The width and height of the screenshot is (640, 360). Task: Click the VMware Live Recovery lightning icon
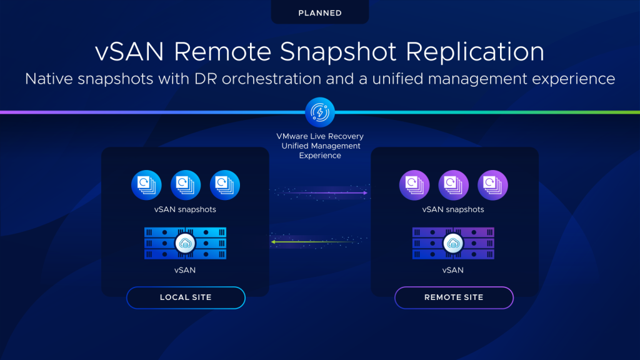point(319,112)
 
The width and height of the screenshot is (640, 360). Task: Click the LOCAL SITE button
point(186,297)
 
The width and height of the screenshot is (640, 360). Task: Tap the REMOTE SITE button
point(454,297)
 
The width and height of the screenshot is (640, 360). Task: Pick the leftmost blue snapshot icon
point(146,185)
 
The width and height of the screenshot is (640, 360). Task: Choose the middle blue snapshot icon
point(186,185)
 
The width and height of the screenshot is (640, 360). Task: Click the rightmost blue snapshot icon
point(225,185)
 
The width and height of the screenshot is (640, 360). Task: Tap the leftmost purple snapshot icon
point(414,185)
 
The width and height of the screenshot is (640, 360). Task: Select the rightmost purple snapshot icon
point(493,185)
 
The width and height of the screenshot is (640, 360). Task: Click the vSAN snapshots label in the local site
point(186,209)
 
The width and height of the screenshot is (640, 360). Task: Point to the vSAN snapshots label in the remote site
point(454,209)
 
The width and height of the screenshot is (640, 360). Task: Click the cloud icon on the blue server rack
point(186,243)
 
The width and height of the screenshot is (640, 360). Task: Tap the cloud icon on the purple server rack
point(454,243)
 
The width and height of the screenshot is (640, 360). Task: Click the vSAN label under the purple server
point(454,270)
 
